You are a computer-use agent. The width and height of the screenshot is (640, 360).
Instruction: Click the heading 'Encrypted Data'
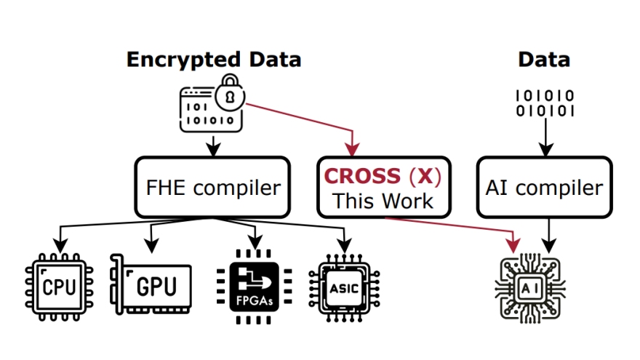213,59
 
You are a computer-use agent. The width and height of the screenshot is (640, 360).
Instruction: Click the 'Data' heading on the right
544,59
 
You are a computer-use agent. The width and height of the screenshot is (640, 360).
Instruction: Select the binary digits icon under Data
545,103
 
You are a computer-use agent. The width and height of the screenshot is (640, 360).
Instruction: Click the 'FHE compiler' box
212,188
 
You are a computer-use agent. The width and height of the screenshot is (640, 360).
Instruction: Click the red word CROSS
362,176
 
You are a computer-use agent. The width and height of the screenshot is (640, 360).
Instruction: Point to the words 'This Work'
383,201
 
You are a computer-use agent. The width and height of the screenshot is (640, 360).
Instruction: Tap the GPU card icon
151,284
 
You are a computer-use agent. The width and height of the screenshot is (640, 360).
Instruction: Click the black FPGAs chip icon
254,286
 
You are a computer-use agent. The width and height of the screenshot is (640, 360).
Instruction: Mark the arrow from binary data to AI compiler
545,138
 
